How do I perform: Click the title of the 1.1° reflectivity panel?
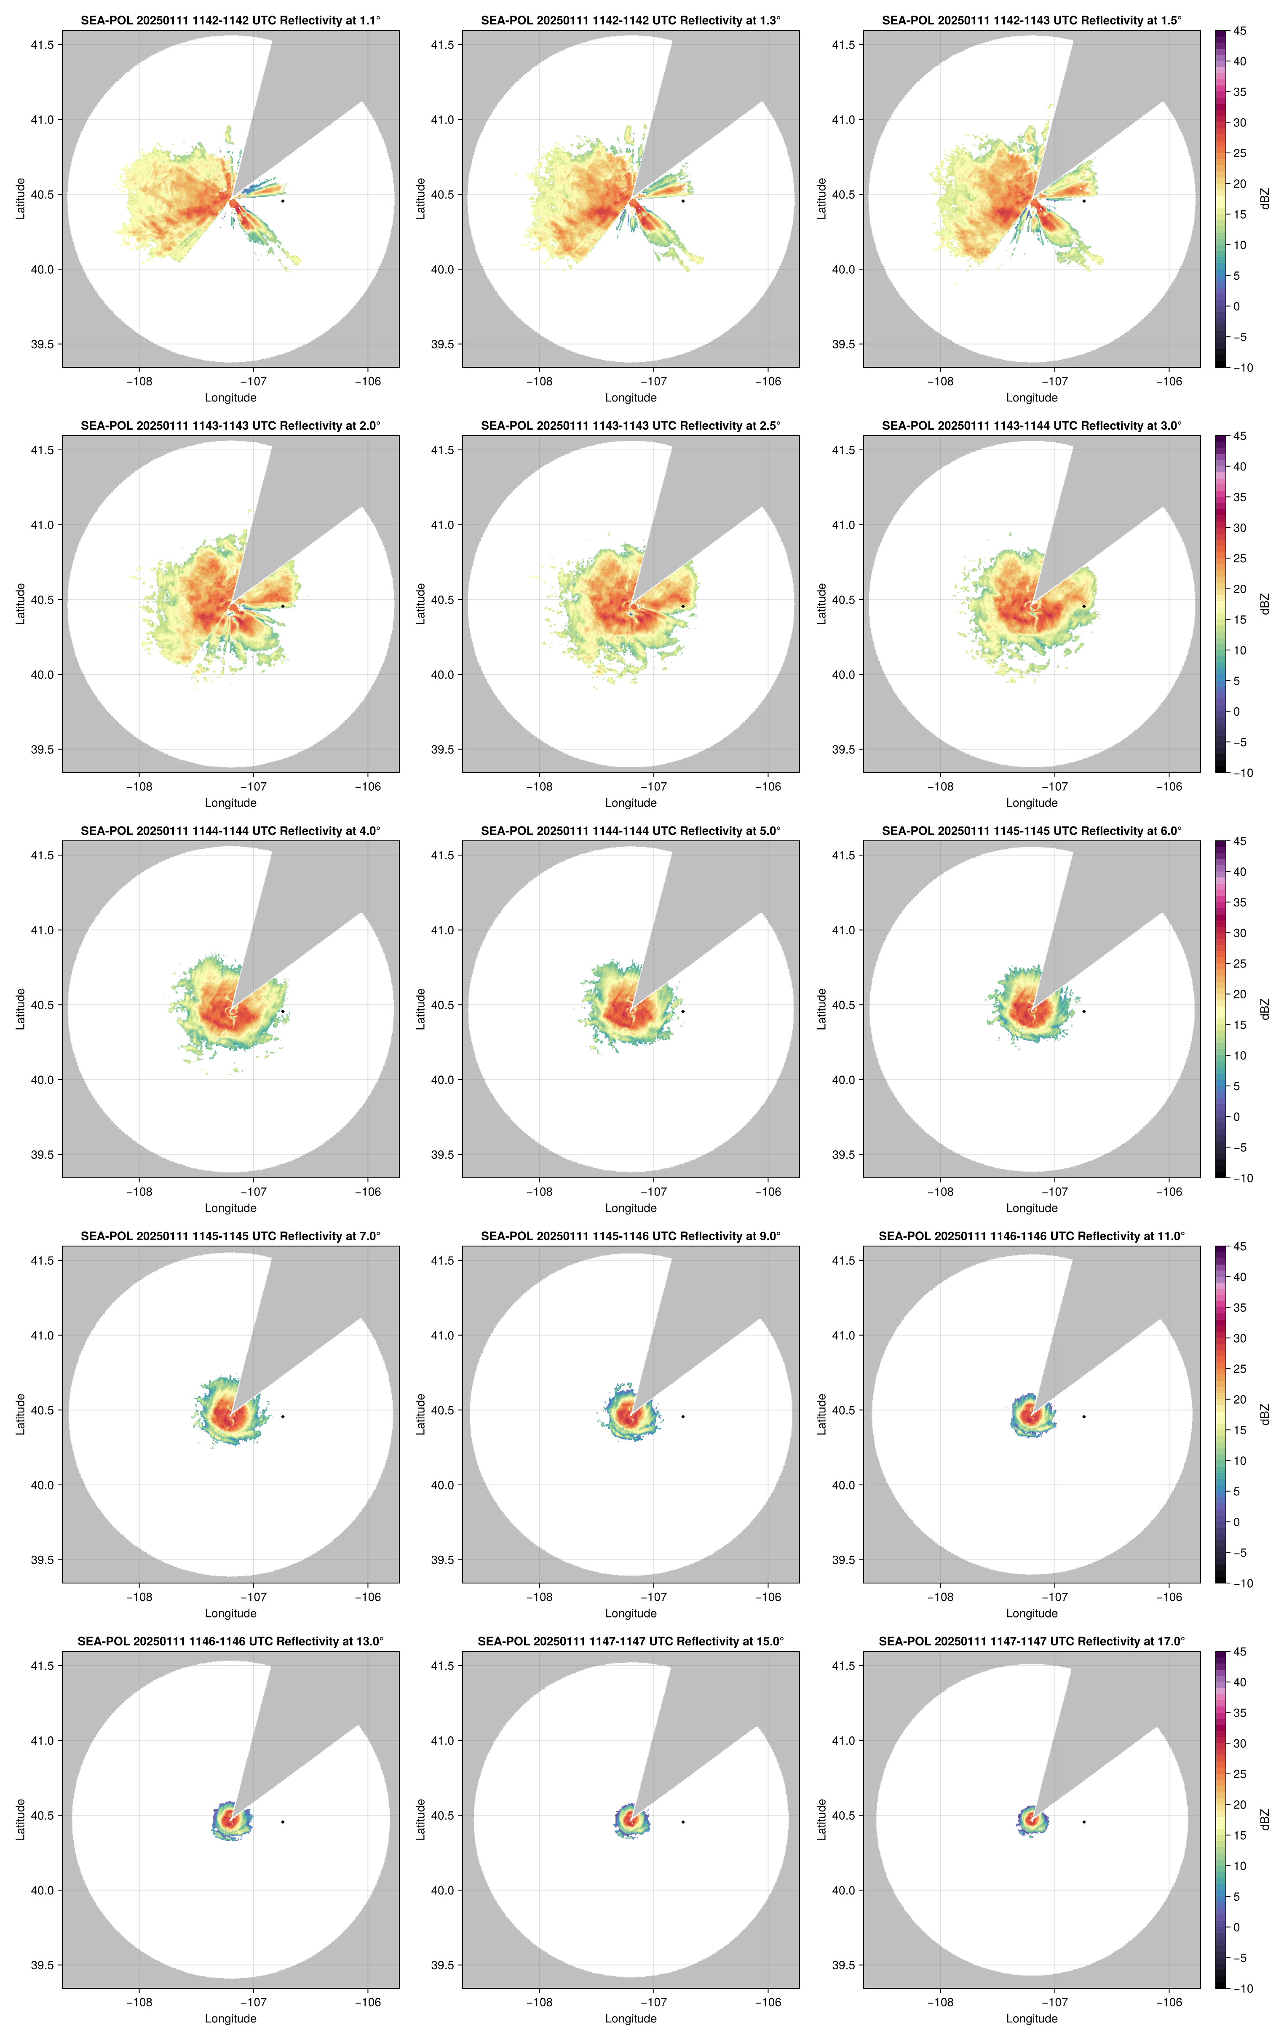pos(230,20)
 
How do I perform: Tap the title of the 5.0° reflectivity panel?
pos(631,831)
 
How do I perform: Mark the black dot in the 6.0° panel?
pos(1083,1011)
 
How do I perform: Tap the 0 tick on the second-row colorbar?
pos(1236,712)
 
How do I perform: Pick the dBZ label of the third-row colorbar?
pos(1265,1009)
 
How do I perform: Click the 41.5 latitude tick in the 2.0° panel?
pos(42,450)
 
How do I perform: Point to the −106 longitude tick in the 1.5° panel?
pos(1169,382)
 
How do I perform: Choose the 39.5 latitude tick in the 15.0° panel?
pos(443,1965)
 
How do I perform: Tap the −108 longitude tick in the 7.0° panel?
pos(140,1597)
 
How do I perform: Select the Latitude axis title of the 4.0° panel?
pos(20,1009)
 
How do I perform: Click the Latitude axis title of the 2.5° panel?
pos(421,604)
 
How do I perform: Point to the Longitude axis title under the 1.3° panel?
pos(631,398)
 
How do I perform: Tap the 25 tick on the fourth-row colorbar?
pos(1239,1369)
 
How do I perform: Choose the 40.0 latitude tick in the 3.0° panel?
pos(844,674)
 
